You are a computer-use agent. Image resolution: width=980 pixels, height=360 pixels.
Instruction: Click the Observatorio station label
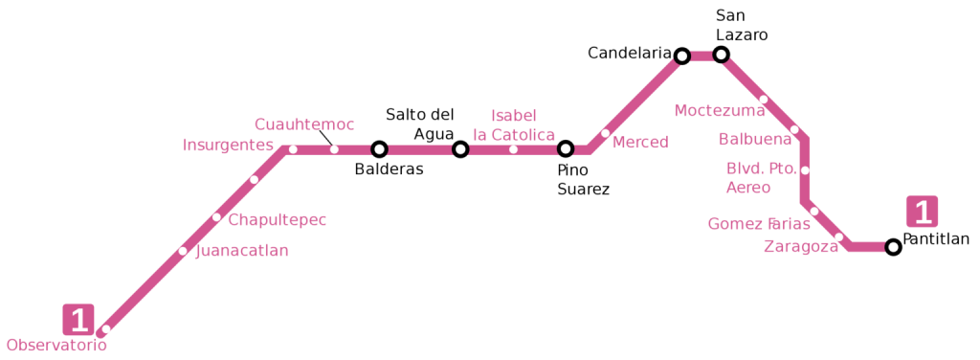[56, 346]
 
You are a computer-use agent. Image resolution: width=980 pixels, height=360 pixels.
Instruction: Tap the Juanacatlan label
[241, 251]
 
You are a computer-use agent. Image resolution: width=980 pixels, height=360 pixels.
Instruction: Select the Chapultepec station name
[277, 220]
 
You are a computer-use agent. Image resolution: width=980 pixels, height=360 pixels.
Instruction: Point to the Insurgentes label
[228, 146]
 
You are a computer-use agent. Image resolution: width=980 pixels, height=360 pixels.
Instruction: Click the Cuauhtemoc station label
[303, 124]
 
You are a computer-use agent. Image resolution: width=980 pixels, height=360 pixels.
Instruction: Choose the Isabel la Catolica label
[514, 125]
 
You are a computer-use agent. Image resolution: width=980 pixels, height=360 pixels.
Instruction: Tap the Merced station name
[639, 143]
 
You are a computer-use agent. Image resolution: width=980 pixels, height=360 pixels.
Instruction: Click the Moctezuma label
[719, 111]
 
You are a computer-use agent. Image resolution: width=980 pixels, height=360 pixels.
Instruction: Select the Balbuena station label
[755, 140]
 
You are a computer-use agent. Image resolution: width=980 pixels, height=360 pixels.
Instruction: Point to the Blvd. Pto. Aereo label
[761, 178]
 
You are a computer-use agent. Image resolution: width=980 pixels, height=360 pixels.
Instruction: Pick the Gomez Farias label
[758, 224]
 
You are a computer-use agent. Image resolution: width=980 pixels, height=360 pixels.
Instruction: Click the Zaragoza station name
[800, 247]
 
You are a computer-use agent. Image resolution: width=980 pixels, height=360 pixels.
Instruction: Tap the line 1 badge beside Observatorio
[78, 320]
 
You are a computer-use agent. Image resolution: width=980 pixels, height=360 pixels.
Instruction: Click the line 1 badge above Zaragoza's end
[923, 212]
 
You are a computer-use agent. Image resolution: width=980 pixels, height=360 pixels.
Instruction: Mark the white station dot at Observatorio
[105, 329]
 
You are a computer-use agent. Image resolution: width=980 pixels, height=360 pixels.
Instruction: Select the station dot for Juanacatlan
[183, 252]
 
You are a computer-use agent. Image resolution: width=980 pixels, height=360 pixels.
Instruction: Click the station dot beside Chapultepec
[216, 217]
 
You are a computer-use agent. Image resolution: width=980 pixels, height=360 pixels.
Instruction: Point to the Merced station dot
[605, 133]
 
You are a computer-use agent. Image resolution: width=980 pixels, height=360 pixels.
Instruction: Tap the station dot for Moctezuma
[763, 100]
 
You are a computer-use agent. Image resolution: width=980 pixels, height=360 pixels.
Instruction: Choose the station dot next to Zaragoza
[838, 237]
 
